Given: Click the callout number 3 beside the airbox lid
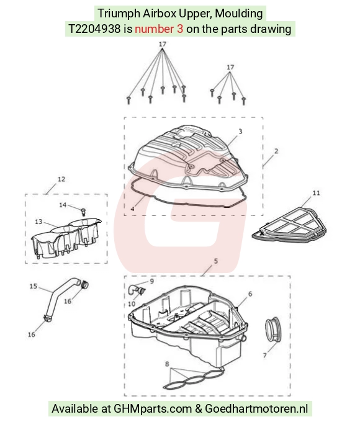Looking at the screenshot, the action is pos(240,132).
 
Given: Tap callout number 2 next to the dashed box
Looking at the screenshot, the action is pos(276,151).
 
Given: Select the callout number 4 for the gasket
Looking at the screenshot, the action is pos(132,209).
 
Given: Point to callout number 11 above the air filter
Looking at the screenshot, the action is pos(317,193).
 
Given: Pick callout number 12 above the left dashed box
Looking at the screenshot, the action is pos(61,179).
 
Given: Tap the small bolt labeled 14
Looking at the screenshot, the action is pos(83,212).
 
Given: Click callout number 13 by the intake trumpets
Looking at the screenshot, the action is pos(38,222).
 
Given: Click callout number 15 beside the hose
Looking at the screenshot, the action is pos(34,286).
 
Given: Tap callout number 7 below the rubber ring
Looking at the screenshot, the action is pos(264,356).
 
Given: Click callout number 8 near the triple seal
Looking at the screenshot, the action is pos(167,364).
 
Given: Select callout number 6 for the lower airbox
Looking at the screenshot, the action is pos(250,294).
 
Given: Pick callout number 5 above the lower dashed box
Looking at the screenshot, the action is pos(215,261).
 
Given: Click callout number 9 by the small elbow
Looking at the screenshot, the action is pos(152,281).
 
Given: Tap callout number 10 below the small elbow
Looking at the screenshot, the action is pos(132,304).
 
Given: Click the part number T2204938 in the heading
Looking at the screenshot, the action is pos(94,29).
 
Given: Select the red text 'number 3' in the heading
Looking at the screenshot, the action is pos(159,29).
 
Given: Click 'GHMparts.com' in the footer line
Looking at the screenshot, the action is pos(153,408).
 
